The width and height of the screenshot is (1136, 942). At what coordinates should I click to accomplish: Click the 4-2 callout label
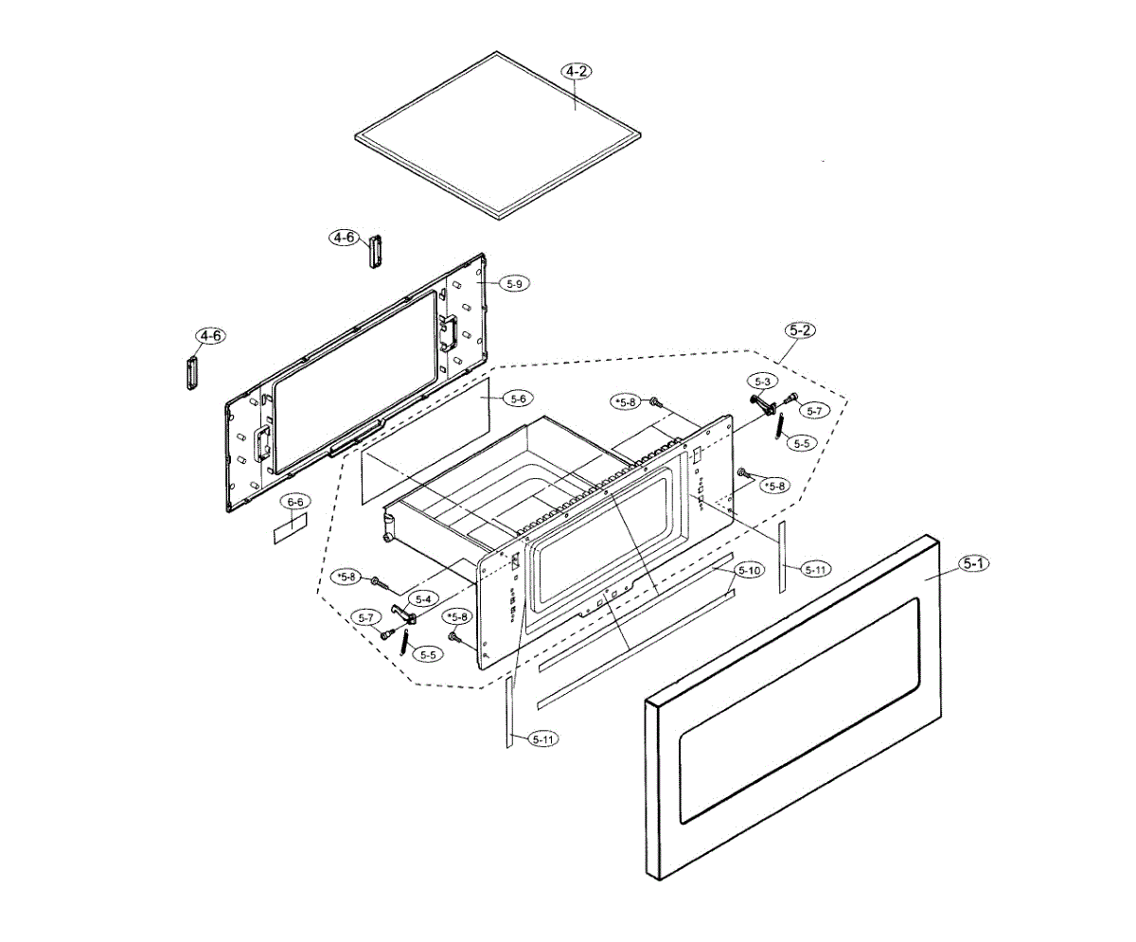(x=577, y=71)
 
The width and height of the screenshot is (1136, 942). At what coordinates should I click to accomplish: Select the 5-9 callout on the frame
(x=514, y=283)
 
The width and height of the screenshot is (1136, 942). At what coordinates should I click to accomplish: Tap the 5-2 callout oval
(x=800, y=330)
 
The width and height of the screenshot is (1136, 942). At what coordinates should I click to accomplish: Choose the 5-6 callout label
(x=519, y=400)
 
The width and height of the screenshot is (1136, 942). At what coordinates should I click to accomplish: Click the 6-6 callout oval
(x=295, y=501)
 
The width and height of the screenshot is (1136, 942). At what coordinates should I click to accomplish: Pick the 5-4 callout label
(x=422, y=598)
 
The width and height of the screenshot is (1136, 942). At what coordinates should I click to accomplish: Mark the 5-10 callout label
(x=749, y=571)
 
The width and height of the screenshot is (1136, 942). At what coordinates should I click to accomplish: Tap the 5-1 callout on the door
(x=974, y=564)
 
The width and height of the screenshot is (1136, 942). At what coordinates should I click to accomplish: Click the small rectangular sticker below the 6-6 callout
(x=290, y=530)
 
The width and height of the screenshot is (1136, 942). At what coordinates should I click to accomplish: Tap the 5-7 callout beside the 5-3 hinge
(x=815, y=410)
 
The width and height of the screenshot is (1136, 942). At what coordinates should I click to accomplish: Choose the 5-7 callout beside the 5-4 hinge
(x=367, y=617)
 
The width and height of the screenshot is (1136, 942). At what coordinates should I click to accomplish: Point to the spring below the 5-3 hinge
(x=778, y=428)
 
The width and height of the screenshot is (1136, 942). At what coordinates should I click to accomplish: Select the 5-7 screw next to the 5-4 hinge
(x=387, y=634)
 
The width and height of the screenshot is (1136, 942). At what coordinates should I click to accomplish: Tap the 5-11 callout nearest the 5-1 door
(x=814, y=569)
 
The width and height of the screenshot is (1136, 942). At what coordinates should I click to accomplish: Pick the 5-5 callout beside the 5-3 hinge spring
(x=804, y=442)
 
